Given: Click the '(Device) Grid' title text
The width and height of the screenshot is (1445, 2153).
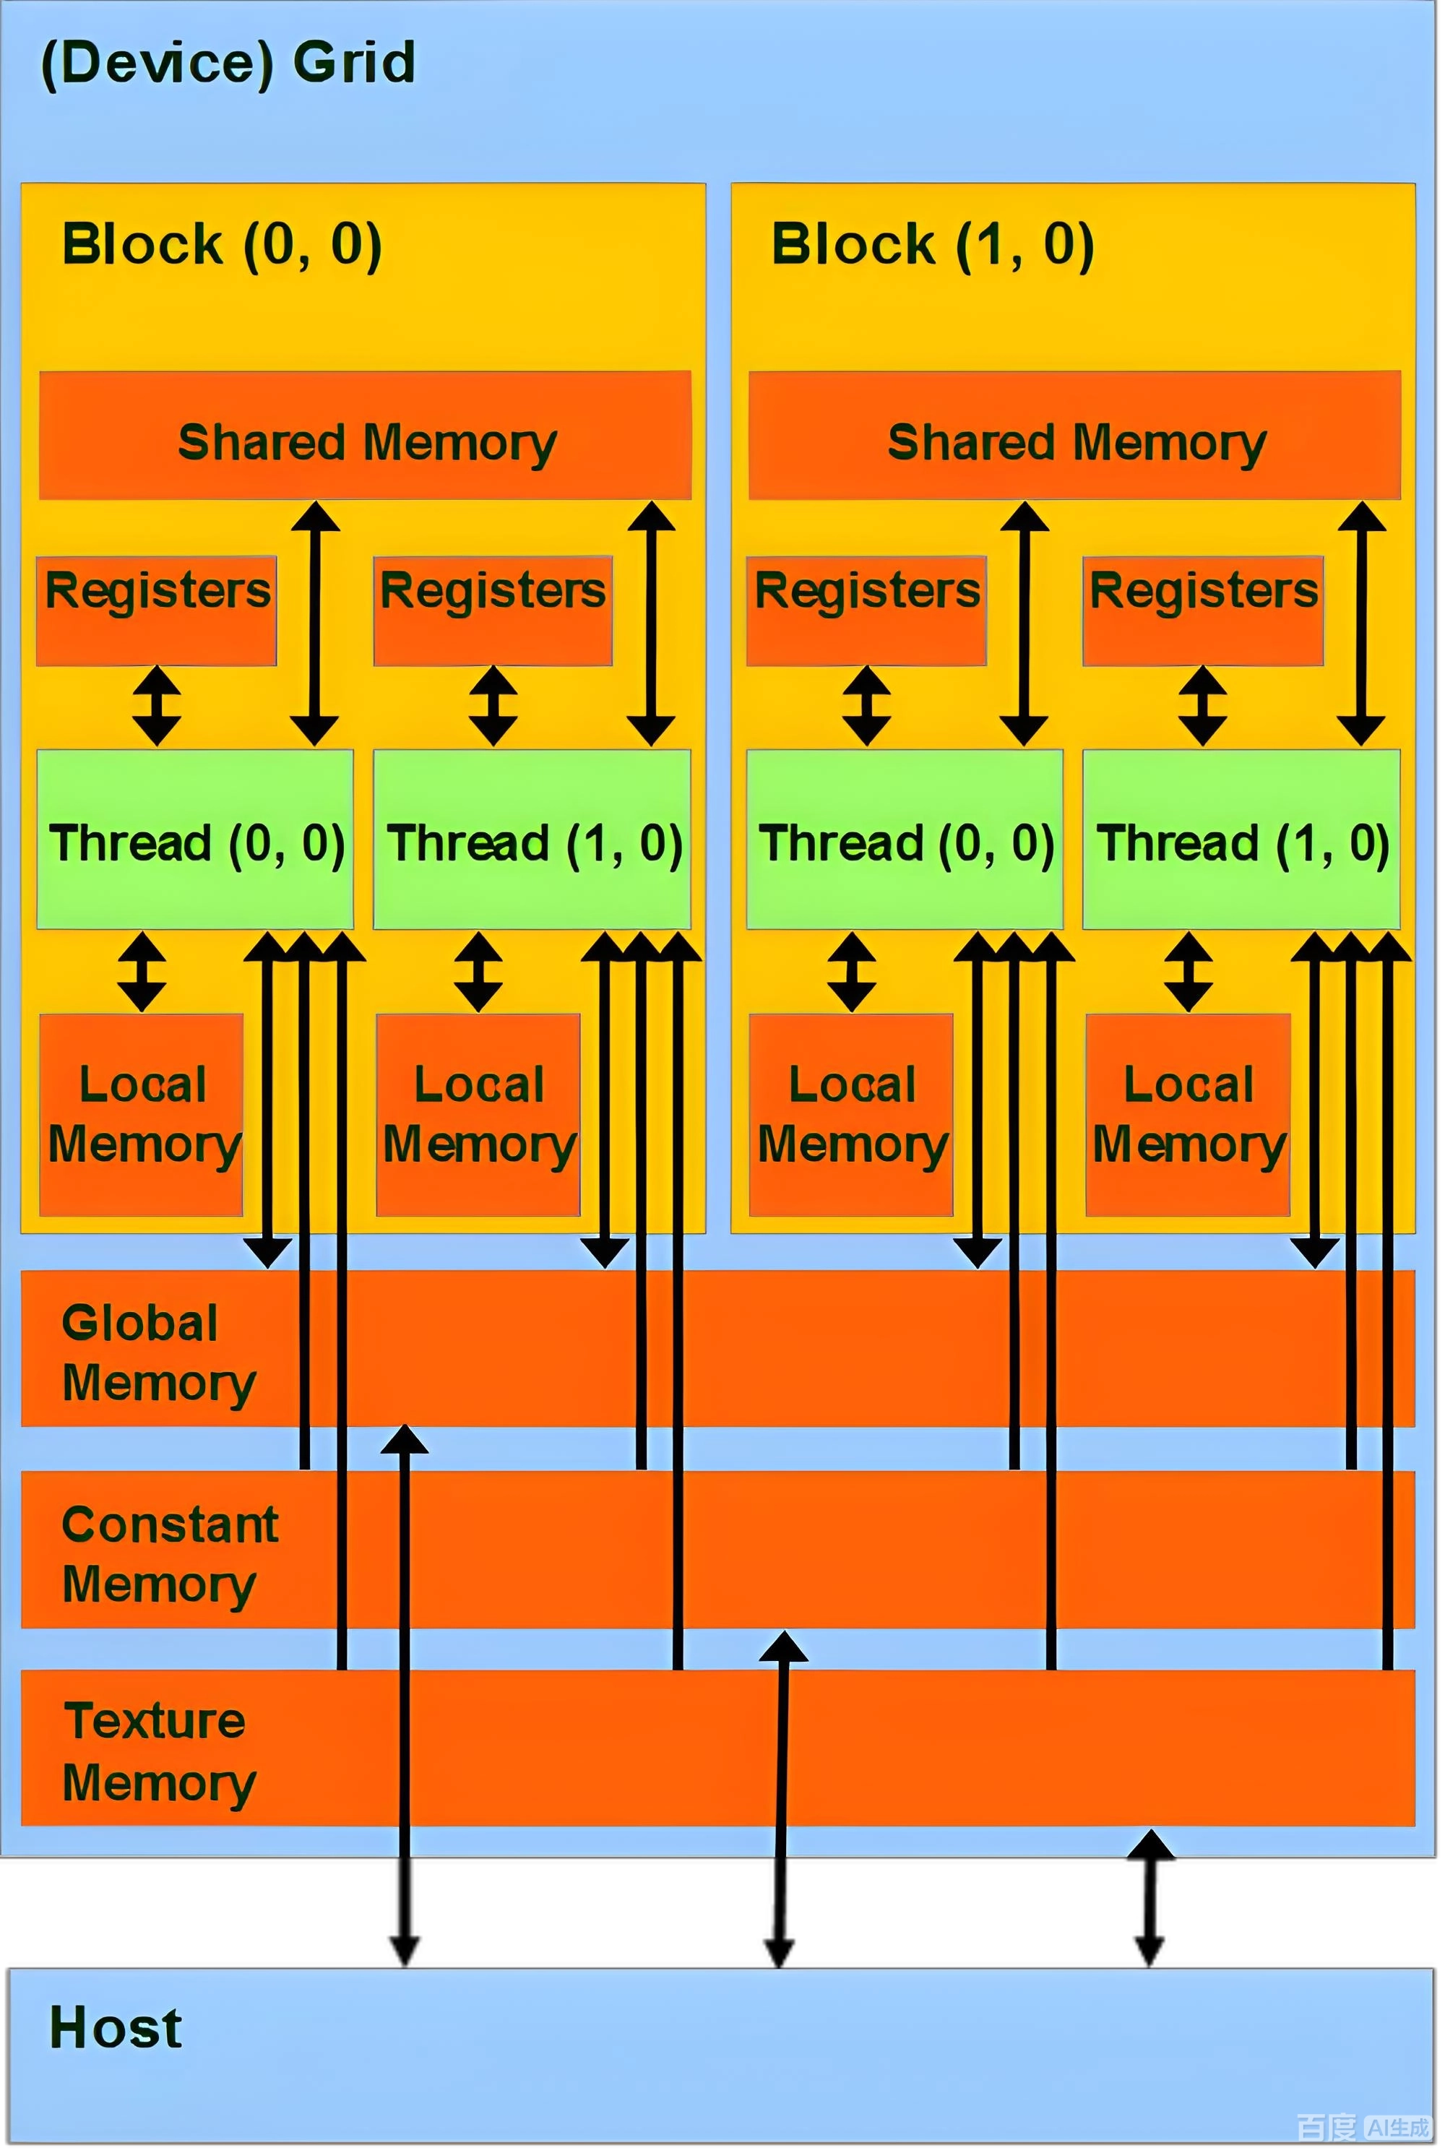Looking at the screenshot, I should [x=228, y=63].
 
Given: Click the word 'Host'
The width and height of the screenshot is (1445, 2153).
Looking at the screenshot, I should [x=115, y=2028].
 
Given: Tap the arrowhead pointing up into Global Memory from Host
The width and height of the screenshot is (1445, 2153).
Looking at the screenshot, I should [x=404, y=1440].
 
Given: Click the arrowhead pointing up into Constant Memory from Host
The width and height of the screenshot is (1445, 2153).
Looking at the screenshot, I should [x=783, y=1647].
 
